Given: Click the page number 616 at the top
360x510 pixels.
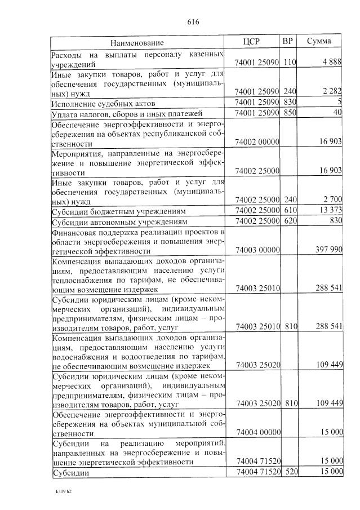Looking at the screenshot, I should coord(193,22).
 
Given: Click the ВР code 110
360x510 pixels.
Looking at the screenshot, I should coord(290,62).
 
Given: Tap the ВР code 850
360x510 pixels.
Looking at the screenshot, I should coord(290,113).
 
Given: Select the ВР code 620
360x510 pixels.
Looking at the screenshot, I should coord(290,221).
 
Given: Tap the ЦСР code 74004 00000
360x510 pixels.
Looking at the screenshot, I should coord(257,433).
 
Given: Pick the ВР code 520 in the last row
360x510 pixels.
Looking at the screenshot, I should coord(290,472).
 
